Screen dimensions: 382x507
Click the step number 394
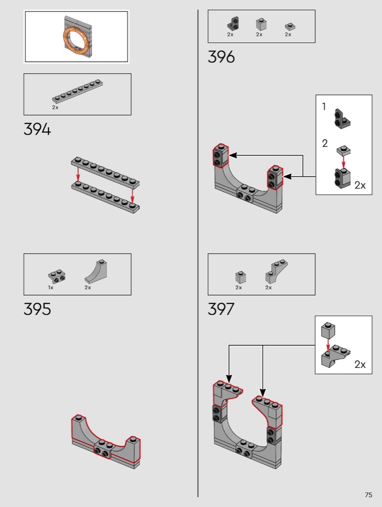(37, 129)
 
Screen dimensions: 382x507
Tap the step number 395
(37, 309)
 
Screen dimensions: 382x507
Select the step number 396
(221, 57)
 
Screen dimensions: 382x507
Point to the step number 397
(221, 309)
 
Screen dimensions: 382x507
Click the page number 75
(368, 495)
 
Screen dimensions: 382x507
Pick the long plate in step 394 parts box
(78, 91)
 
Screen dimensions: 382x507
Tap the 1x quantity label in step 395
(50, 287)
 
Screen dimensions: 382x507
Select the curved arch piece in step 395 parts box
(96, 271)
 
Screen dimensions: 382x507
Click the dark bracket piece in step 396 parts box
(233, 24)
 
